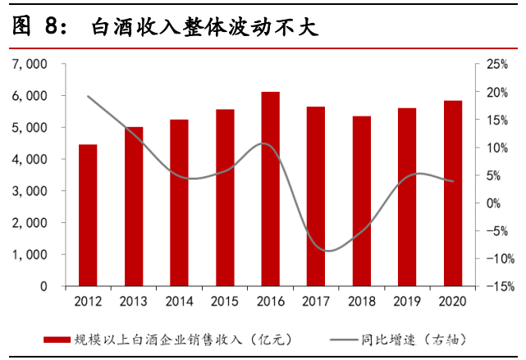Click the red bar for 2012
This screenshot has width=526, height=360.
[x=88, y=215]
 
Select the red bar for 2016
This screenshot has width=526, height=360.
[x=271, y=189]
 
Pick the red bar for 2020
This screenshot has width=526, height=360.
[x=453, y=194]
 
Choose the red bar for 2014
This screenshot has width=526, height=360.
[x=179, y=203]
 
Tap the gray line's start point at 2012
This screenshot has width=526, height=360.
[x=88, y=96]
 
